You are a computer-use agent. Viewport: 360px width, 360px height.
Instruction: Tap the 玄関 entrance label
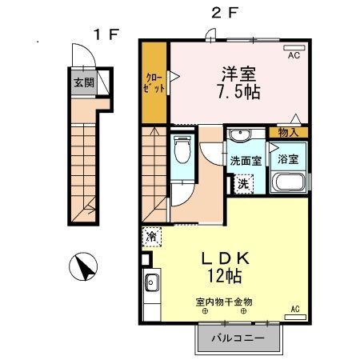click(x=83, y=82)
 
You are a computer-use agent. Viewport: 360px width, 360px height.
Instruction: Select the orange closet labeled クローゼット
click(x=154, y=83)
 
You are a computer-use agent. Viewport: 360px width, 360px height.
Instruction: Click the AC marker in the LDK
click(x=294, y=309)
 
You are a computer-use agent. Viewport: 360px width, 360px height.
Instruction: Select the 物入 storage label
click(x=289, y=133)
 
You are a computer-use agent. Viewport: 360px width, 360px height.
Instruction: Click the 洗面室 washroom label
click(x=246, y=160)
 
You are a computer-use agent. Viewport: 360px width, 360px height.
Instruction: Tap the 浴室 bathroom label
click(x=288, y=158)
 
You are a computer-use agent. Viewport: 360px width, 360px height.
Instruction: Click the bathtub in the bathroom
click(x=288, y=182)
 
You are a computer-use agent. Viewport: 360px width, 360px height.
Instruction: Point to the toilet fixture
click(x=181, y=150)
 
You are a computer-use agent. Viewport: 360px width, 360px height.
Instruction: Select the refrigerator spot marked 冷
click(x=151, y=237)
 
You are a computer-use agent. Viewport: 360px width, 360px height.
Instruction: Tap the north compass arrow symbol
click(x=82, y=265)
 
